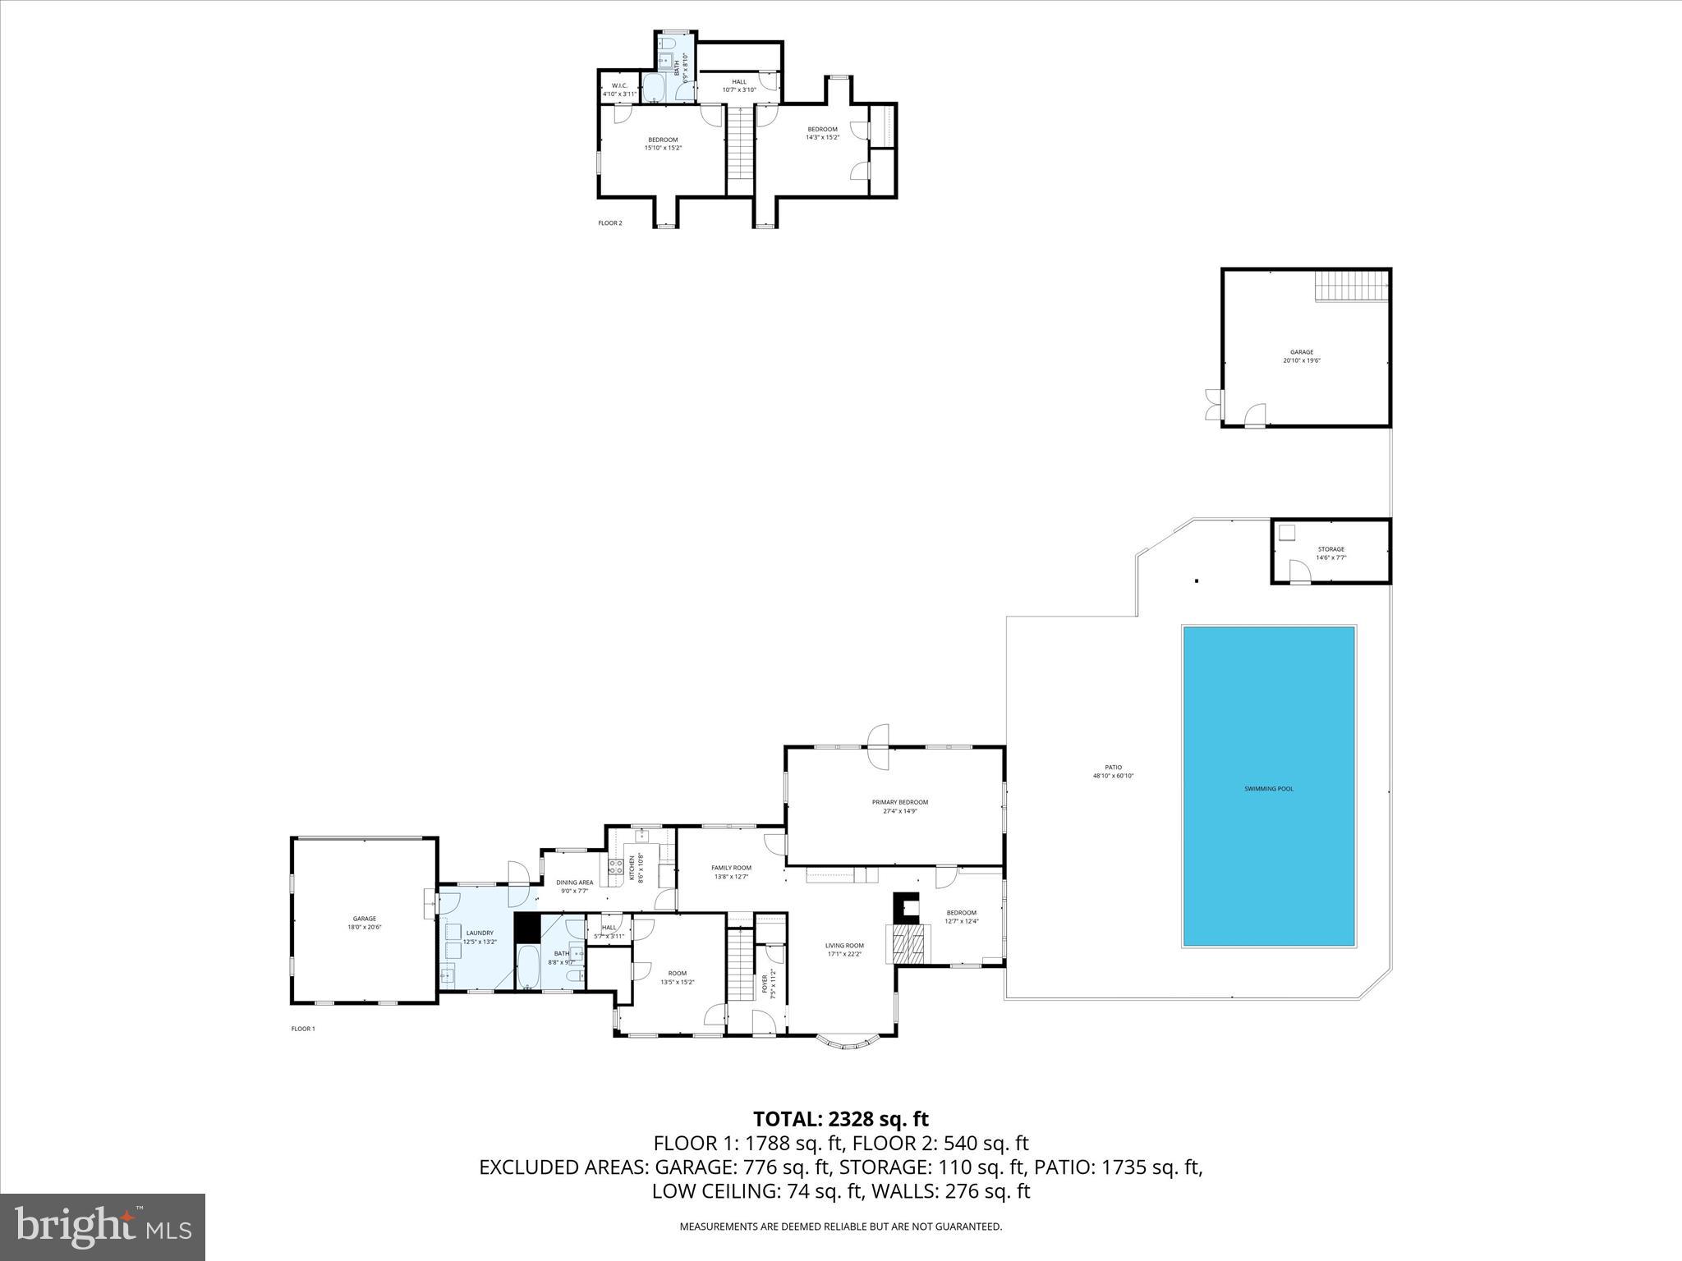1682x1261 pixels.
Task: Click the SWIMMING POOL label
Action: [x=1268, y=789]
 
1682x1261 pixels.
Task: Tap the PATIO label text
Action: [x=1113, y=771]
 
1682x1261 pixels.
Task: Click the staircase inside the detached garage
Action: [x=1352, y=287]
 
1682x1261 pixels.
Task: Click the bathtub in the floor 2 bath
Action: [x=654, y=89]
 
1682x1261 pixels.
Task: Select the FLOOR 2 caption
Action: [x=610, y=222]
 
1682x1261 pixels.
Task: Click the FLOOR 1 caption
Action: [x=303, y=1029]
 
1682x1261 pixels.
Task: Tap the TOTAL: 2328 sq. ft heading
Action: [x=840, y=1118]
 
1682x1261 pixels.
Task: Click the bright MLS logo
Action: [x=103, y=1227]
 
